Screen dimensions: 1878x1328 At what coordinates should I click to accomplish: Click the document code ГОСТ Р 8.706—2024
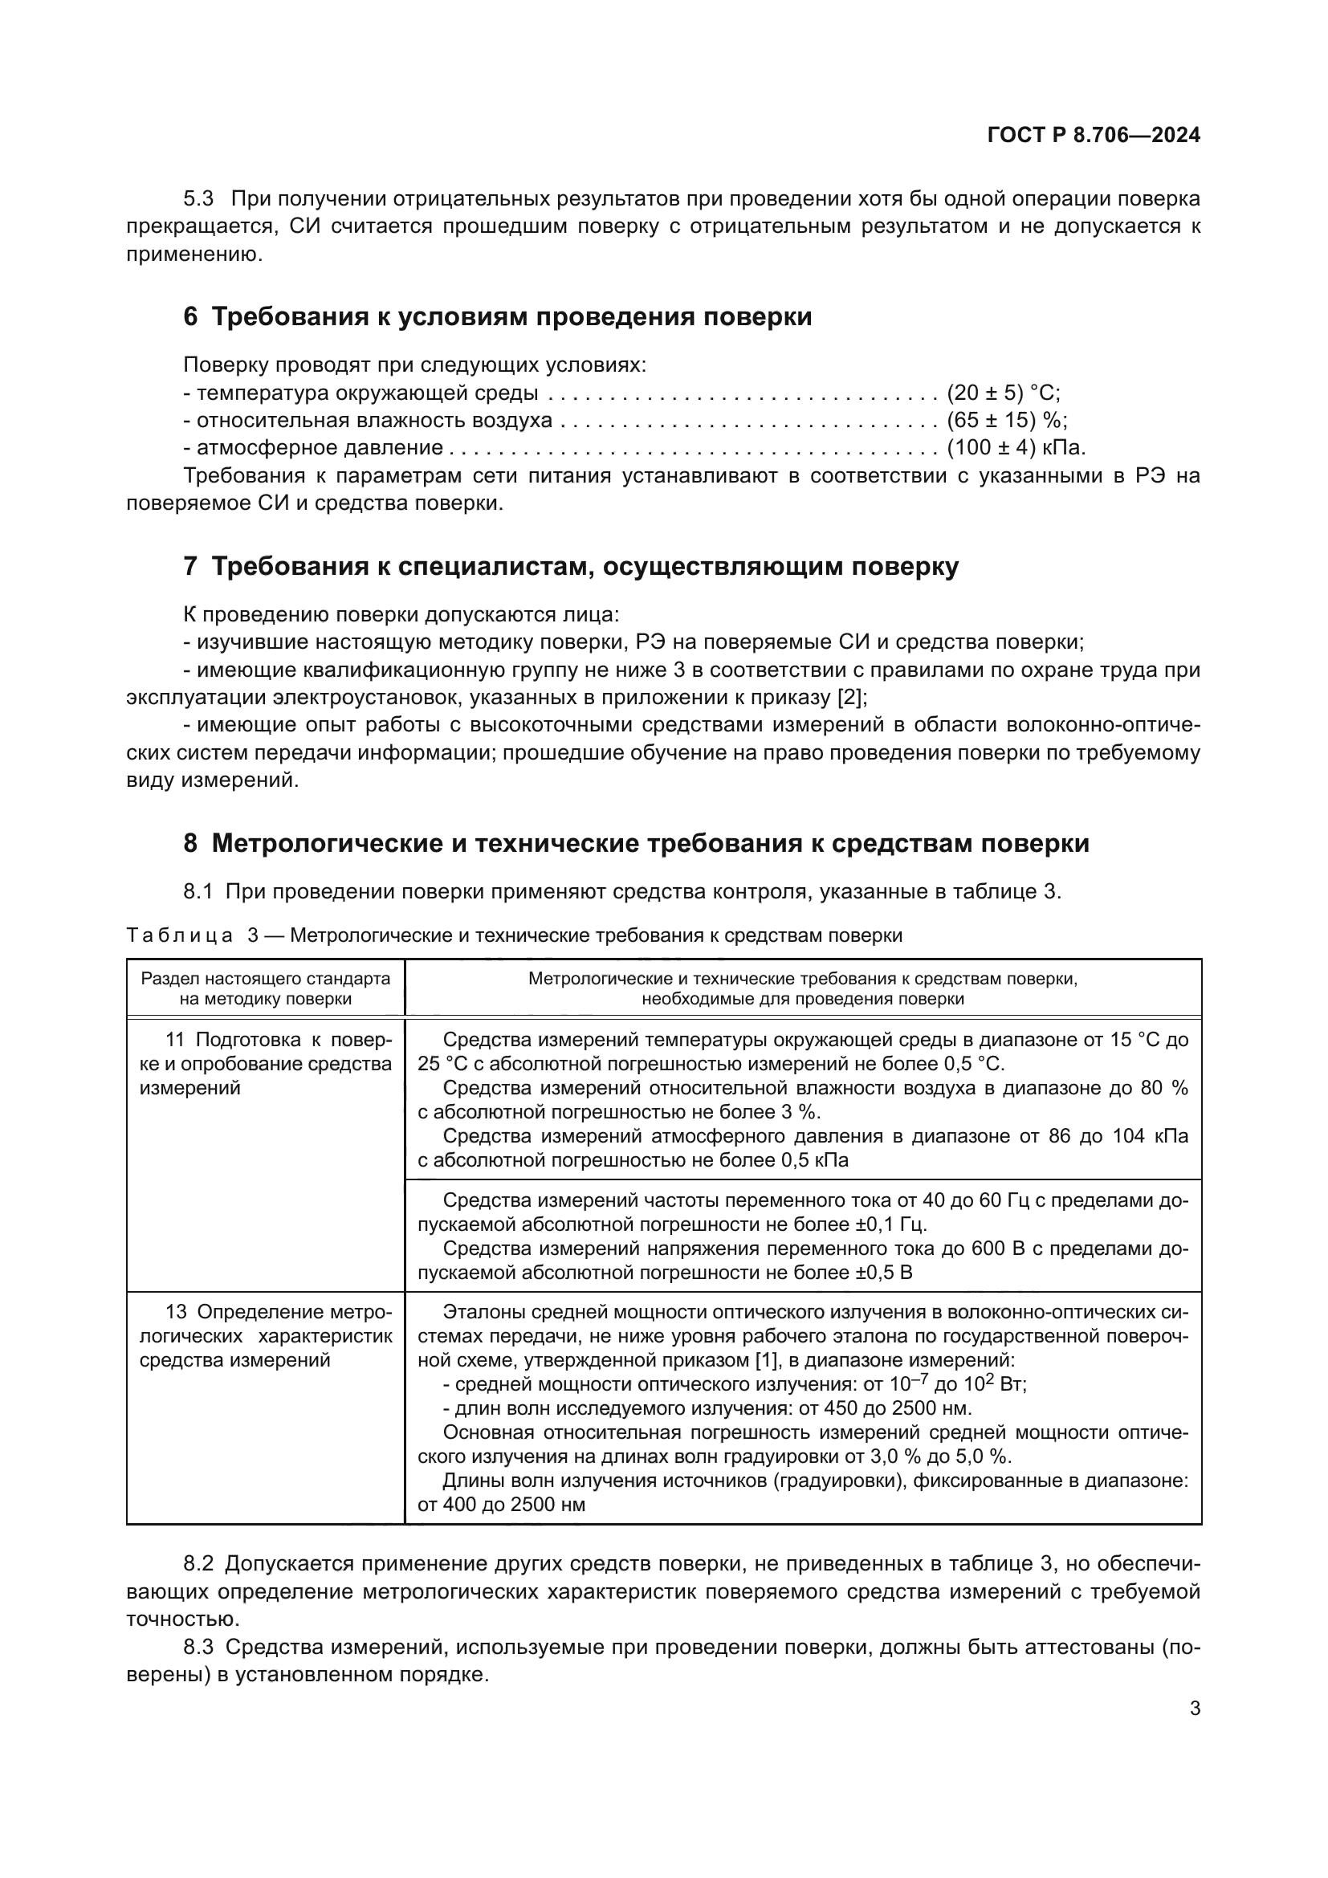1094,135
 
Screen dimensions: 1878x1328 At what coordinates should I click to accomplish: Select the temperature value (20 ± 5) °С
1003,393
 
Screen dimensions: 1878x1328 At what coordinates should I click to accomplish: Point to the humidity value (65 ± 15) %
1007,421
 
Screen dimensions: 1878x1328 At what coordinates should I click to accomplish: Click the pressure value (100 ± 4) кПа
1016,448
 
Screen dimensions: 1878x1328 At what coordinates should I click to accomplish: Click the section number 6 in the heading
190,317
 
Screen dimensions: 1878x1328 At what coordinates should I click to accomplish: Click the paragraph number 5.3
198,199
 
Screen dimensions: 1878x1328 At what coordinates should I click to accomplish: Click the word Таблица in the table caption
180,935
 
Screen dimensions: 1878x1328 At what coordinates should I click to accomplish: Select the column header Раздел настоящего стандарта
266,979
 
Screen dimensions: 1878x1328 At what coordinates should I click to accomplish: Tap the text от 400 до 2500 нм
501,1505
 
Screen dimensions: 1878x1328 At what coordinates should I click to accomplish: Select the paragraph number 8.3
198,1648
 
